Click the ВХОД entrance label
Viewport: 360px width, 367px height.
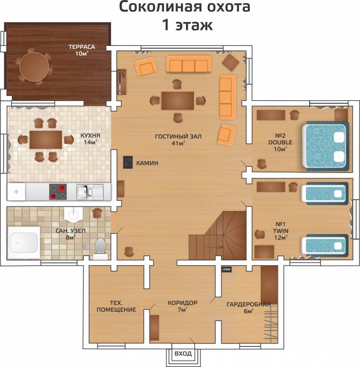(x=183, y=353)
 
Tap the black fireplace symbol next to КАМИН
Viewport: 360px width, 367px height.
(x=128, y=162)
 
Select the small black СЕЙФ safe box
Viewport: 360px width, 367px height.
(x=227, y=269)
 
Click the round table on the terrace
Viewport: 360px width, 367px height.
(x=34, y=67)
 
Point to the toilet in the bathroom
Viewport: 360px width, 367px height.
(x=100, y=249)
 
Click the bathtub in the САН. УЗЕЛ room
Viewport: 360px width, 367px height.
(x=24, y=243)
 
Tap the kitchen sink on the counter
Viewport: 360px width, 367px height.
(x=90, y=192)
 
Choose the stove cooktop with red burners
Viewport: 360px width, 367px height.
(x=58, y=192)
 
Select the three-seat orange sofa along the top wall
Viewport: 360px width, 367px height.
(x=188, y=64)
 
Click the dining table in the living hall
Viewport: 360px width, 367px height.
(x=178, y=100)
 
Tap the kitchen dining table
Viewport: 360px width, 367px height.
(x=46, y=140)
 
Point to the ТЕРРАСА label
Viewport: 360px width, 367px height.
(x=82, y=47)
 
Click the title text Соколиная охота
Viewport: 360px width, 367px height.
(x=184, y=7)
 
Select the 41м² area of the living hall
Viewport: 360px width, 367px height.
(x=178, y=143)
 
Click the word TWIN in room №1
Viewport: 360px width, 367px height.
(x=281, y=231)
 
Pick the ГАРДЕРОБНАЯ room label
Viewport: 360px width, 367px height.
(x=249, y=304)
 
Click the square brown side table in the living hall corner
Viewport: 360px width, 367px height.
(x=230, y=62)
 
